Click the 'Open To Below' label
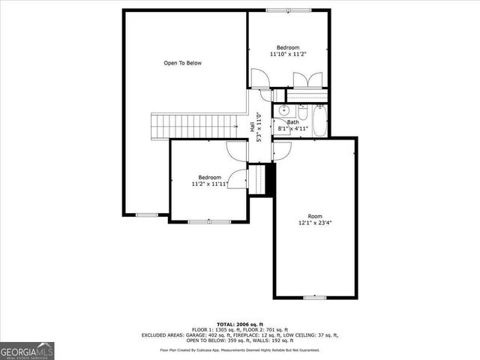(x=182, y=63)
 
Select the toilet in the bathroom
(x=301, y=112)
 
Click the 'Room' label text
(x=315, y=216)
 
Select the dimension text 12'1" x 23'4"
(x=315, y=223)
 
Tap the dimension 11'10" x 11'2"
(x=289, y=54)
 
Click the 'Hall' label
(x=252, y=128)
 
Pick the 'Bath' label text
(x=292, y=122)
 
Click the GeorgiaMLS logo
(x=28, y=350)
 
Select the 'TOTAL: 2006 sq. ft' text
(x=240, y=324)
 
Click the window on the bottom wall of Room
(x=314, y=297)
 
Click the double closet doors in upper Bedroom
(x=309, y=79)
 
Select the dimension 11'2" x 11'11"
(x=209, y=183)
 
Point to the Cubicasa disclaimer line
(x=240, y=350)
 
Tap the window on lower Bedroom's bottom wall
(x=199, y=221)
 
